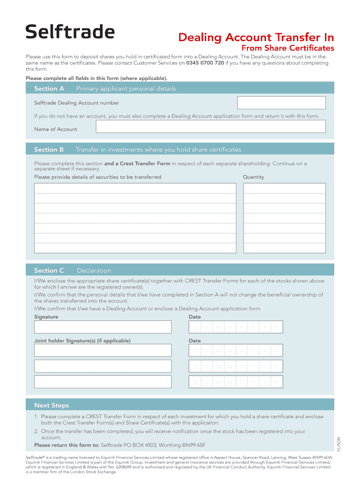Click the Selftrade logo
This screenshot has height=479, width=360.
point(70,32)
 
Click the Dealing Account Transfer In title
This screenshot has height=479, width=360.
point(256,37)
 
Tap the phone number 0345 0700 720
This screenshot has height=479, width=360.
point(205,63)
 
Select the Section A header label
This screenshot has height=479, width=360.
point(49,88)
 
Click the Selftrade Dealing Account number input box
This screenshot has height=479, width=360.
point(281,103)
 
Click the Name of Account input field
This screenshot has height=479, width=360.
point(210,127)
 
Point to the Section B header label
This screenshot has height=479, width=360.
point(49,150)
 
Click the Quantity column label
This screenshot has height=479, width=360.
point(253,177)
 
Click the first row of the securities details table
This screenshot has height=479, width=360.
point(135,189)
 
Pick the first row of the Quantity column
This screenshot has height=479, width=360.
point(284,189)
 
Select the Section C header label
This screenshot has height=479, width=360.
point(49,270)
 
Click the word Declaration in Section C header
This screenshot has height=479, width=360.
point(94,270)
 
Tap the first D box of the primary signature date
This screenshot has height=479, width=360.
point(194,327)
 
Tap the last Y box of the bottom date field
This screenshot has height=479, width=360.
point(277,382)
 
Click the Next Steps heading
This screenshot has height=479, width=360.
point(51,405)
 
